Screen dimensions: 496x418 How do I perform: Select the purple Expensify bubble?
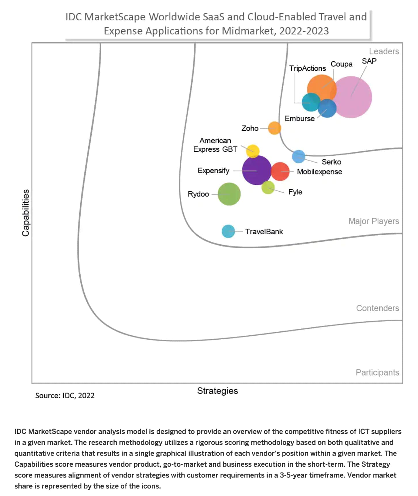click(256, 170)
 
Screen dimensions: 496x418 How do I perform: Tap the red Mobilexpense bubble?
click(280, 172)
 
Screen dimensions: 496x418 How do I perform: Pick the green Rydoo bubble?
click(229, 194)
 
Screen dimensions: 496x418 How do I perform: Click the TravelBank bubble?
click(228, 231)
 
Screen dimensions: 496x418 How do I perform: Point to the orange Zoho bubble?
click(274, 128)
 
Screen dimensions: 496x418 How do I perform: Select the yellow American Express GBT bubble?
click(253, 151)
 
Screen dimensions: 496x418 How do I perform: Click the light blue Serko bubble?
click(299, 156)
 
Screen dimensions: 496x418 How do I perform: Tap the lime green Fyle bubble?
click(268, 188)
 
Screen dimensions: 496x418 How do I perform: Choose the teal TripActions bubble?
click(311, 102)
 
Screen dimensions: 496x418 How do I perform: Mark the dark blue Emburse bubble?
click(327, 108)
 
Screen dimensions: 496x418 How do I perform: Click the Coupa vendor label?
click(341, 64)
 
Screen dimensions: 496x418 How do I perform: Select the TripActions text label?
click(307, 68)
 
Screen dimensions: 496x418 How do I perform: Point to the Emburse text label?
click(300, 118)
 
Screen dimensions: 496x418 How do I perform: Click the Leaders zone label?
click(384, 51)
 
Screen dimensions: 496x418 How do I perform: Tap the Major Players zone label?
click(374, 221)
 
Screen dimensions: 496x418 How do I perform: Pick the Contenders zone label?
click(377, 308)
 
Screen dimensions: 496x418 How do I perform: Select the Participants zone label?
click(377, 372)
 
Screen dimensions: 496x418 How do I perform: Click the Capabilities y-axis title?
click(26, 213)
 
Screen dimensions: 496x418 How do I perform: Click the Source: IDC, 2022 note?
click(65, 395)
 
